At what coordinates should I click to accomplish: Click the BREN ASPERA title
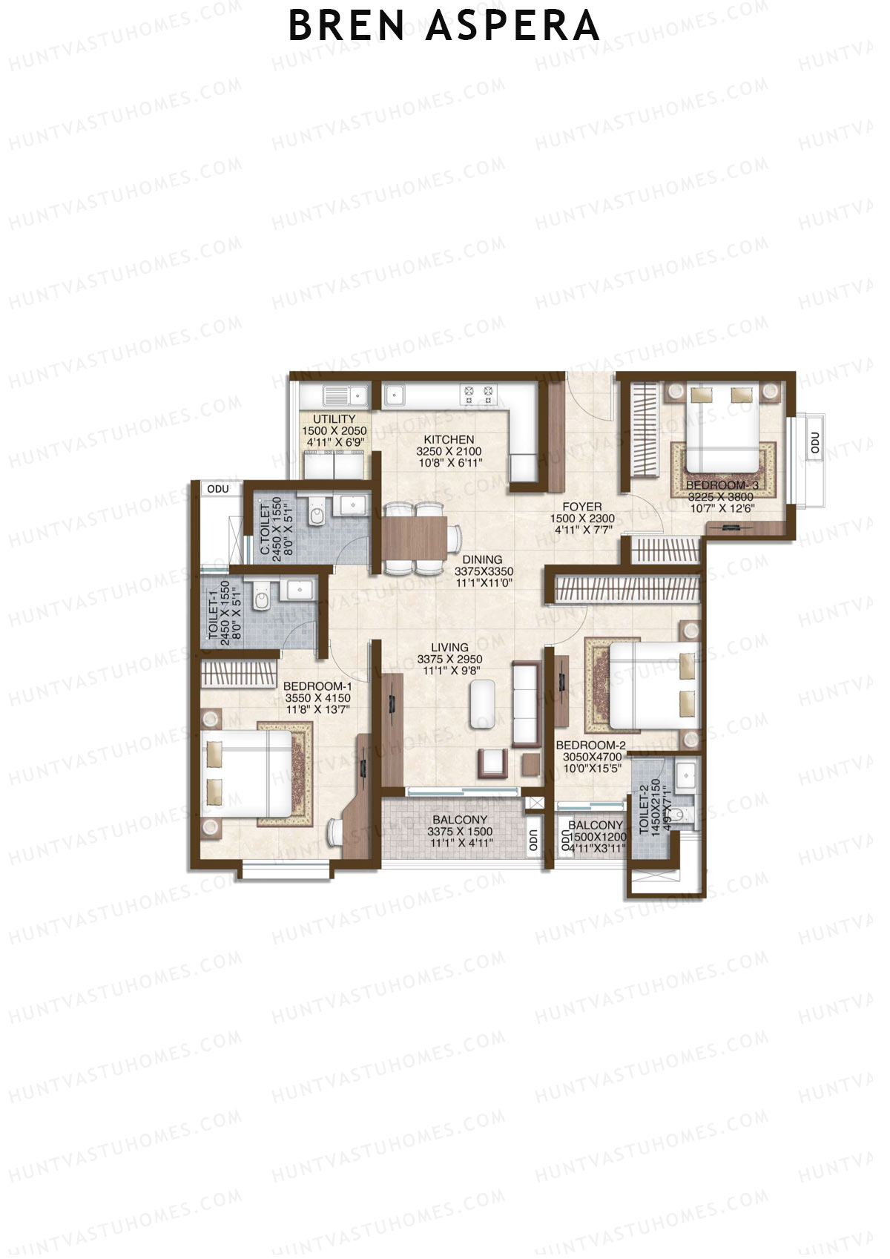444,26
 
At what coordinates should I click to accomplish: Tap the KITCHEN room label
449,439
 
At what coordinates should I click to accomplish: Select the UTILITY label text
334,419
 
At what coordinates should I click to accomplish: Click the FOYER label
582,507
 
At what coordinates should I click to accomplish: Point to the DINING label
482,560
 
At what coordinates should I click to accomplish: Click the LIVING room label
449,647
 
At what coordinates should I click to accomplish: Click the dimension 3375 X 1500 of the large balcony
460,832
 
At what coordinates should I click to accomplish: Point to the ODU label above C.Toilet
218,489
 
